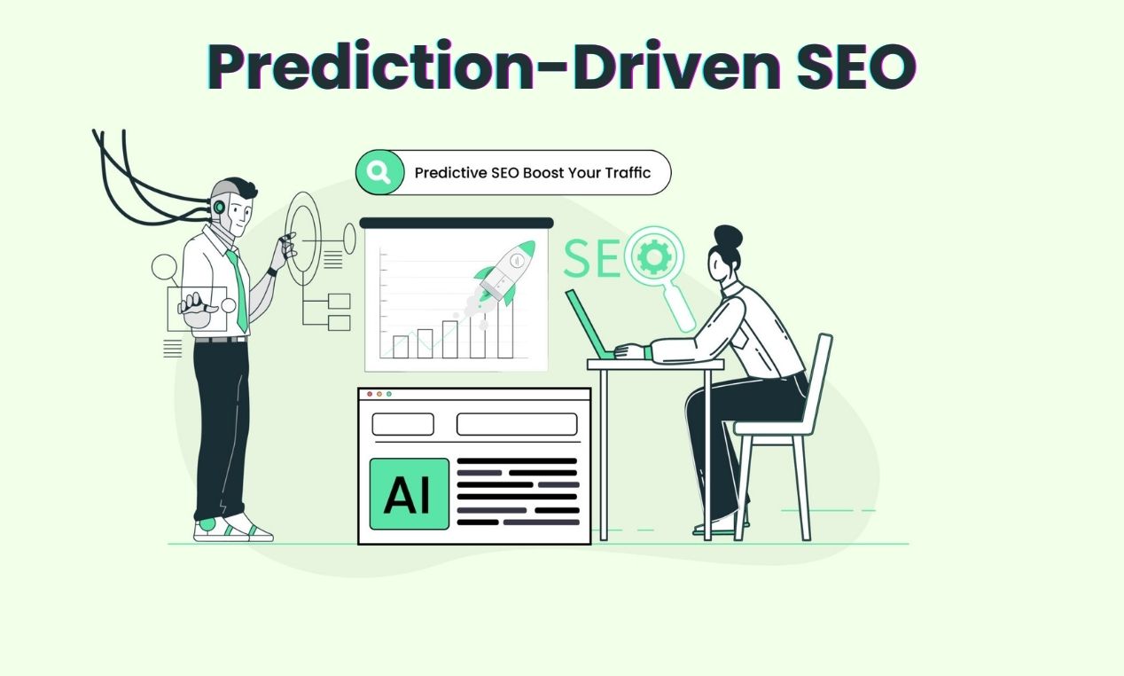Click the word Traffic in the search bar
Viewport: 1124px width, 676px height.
pos(628,173)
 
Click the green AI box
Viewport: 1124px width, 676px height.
pos(409,494)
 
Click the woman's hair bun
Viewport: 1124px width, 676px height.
pos(728,237)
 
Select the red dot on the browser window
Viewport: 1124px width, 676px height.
pos(370,393)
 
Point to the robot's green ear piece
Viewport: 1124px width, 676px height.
pos(219,207)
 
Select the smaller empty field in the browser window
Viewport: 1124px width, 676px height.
pos(402,424)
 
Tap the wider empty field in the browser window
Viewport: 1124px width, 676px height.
pos(517,424)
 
